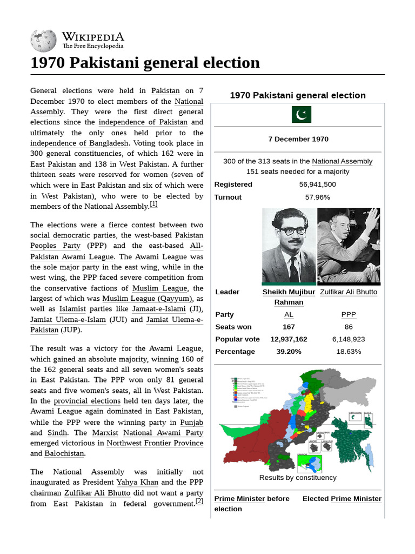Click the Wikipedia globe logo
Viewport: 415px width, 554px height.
43,41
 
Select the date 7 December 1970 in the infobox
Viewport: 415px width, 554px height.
298,139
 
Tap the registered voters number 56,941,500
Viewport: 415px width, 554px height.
317,184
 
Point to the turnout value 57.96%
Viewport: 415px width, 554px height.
317,197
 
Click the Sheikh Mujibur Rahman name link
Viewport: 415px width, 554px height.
289,297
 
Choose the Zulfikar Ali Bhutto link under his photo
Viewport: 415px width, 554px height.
349,292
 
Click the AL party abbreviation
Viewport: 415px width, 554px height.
289,314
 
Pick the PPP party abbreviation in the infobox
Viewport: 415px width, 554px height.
349,314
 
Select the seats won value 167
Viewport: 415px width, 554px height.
289,327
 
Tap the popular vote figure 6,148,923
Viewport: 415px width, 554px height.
349,339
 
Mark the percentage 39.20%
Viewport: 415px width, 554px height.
289,352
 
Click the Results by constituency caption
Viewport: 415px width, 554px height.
298,478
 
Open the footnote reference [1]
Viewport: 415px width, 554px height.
153,204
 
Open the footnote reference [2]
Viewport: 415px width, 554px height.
199,502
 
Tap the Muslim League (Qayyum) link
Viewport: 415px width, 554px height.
146,299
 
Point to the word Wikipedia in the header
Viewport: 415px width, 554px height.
93,37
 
